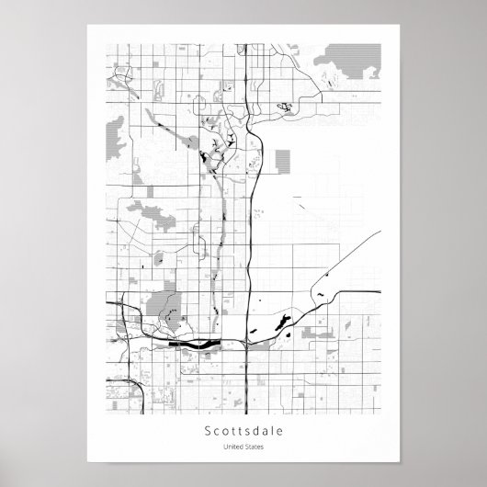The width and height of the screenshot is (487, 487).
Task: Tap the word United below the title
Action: [x=232, y=447]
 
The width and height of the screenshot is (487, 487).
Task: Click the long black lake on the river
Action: [x=195, y=345]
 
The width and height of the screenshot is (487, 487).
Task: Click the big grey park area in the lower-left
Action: [x=166, y=304]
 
